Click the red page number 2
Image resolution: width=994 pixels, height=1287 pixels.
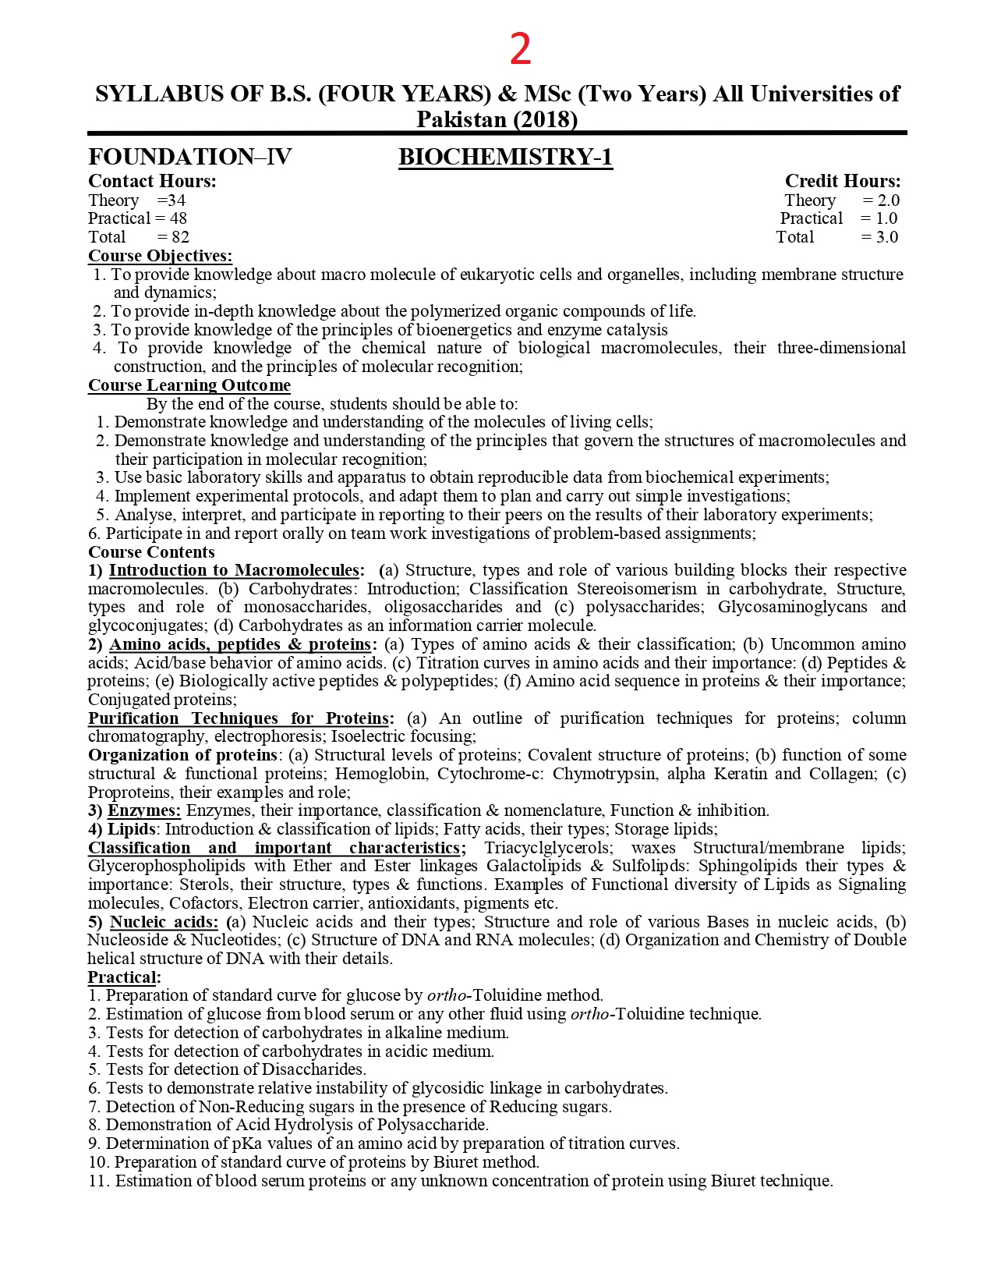coord(520,49)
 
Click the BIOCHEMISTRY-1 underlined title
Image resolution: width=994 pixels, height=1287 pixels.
coord(505,157)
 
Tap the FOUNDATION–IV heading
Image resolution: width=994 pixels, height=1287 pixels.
coord(189,157)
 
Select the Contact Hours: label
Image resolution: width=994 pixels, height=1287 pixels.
coord(152,181)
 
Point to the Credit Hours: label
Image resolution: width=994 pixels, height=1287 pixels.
coord(842,181)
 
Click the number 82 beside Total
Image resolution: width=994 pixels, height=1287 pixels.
coord(180,237)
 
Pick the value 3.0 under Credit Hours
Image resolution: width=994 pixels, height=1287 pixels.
coord(886,237)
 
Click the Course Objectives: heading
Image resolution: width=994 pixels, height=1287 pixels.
coord(160,256)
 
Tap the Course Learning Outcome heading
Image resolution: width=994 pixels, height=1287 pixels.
coord(189,385)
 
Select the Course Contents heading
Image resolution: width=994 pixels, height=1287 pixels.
coord(151,552)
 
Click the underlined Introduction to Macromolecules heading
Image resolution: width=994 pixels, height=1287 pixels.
coord(234,570)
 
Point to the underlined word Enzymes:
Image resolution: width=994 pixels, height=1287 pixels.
coord(144,810)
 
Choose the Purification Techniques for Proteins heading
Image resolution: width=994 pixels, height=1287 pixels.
coord(241,718)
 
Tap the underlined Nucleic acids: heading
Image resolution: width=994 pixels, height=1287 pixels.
coord(164,922)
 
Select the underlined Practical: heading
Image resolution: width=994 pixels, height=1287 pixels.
coord(124,977)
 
